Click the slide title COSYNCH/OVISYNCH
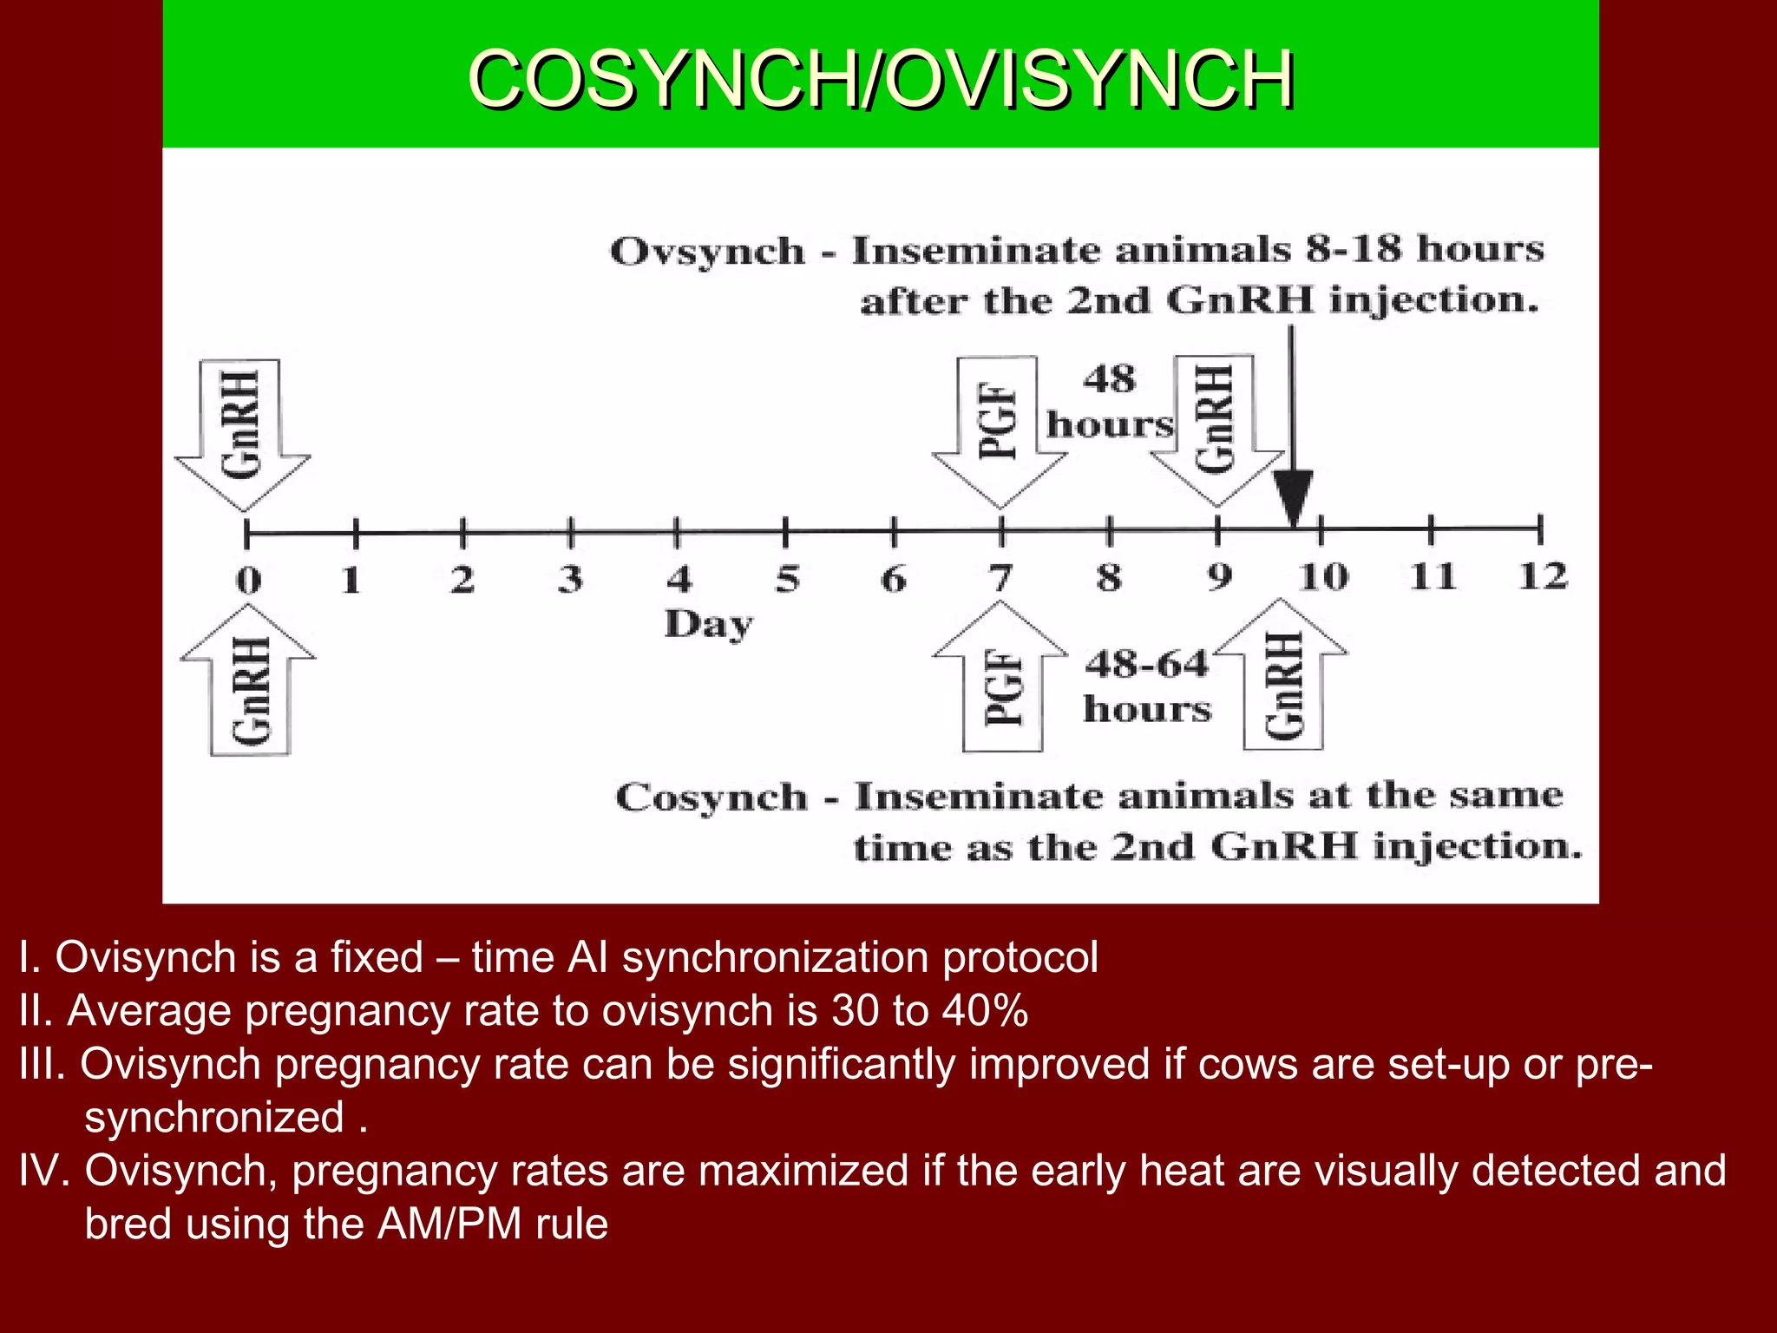[x=881, y=80]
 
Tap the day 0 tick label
[x=248, y=580]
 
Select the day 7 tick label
[x=1001, y=578]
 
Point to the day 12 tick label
[x=1542, y=576]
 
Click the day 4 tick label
[x=679, y=579]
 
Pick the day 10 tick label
[x=1323, y=577]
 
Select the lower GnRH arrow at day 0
[x=249, y=686]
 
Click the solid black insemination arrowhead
[x=1293, y=497]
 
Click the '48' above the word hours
[x=1109, y=379]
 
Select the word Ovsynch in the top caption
[x=707, y=253]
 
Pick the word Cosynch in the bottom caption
[x=711, y=798]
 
